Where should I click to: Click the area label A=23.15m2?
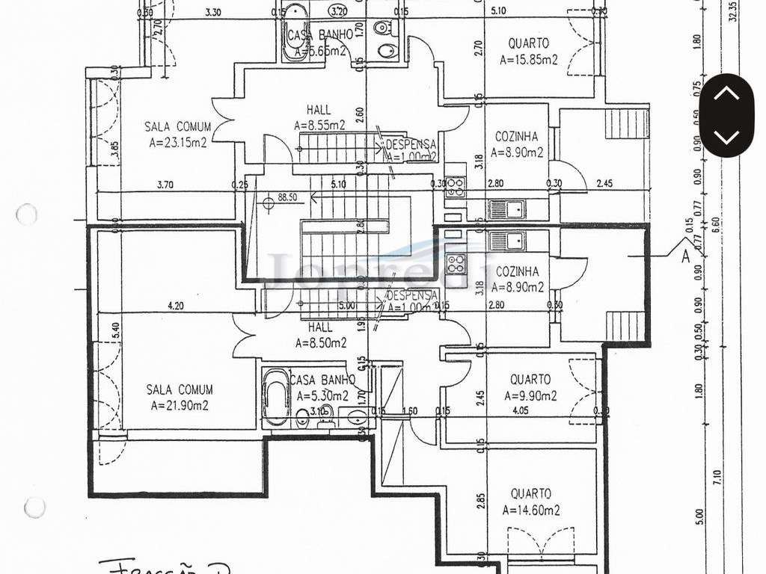click(x=178, y=141)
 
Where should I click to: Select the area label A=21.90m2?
click(x=178, y=405)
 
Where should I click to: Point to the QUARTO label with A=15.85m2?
click(x=529, y=44)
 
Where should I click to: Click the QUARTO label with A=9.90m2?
click(x=530, y=380)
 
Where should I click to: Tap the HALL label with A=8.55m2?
click(x=319, y=110)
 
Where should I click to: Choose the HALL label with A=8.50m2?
click(x=320, y=327)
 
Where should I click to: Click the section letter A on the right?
click(x=684, y=256)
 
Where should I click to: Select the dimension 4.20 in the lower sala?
click(x=175, y=305)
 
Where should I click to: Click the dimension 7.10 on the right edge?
click(x=717, y=476)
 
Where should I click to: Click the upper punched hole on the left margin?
click(x=26, y=215)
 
